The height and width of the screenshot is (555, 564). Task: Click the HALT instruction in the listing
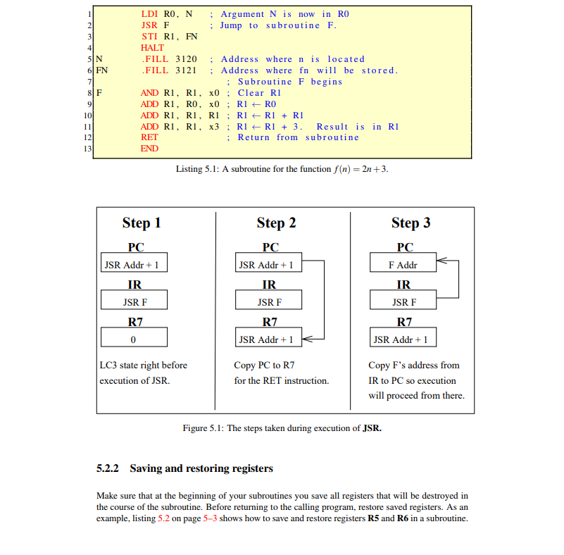point(152,48)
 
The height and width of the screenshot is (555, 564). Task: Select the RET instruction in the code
point(149,137)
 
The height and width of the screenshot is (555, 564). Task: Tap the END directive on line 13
point(149,149)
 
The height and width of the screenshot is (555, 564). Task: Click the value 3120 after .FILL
point(186,59)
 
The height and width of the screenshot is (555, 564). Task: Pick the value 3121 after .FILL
point(186,70)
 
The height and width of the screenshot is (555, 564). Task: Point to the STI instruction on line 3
point(149,37)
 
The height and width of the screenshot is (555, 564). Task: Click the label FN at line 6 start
point(102,70)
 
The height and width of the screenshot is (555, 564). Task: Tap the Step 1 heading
point(142,223)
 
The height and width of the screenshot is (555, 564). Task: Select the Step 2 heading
point(276,223)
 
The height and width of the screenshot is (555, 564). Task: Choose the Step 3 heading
point(411,223)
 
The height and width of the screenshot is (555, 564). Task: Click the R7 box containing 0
point(134,339)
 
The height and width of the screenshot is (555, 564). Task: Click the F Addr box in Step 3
point(403,265)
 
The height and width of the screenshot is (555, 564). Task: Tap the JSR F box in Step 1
point(134,302)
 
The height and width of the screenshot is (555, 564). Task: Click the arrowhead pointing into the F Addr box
point(441,261)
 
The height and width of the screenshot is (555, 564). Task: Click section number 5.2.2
point(108,468)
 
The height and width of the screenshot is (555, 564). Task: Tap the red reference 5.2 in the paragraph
point(163,518)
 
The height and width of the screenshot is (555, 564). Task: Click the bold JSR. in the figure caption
point(372,428)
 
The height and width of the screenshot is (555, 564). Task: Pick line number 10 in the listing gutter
point(88,115)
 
